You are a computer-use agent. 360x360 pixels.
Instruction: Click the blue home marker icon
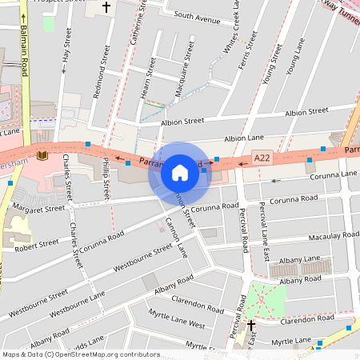coord(180,172)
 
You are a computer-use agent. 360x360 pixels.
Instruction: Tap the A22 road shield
coord(262,159)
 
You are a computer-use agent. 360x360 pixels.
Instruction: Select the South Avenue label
coord(197,16)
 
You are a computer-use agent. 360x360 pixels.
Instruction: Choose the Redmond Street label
coord(102,72)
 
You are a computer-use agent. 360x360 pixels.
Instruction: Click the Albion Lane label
coord(244,138)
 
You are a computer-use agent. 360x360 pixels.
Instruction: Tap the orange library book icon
coord(42,154)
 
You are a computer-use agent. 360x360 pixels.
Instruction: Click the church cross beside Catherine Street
coord(106,8)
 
